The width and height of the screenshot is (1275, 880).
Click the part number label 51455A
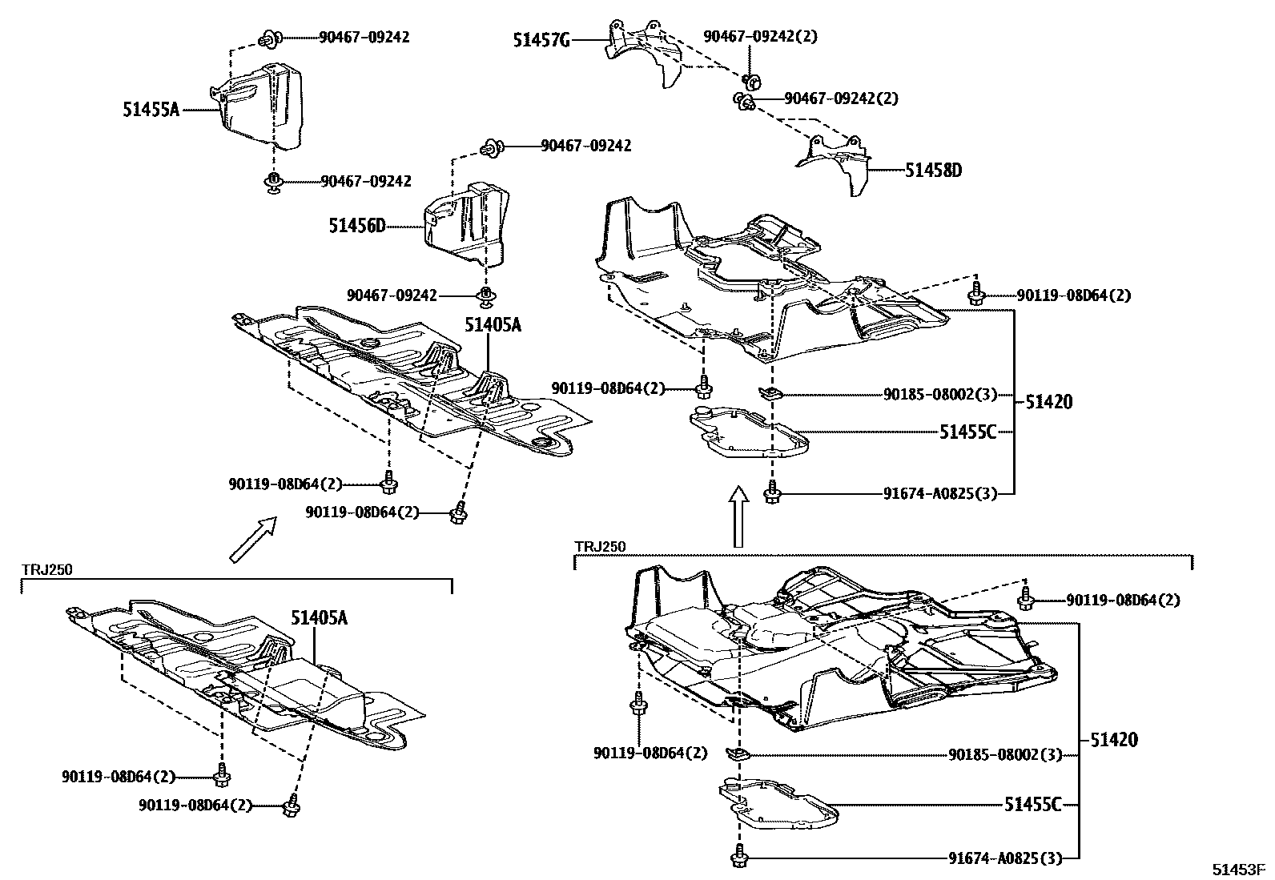151,111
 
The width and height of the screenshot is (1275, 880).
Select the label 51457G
541,39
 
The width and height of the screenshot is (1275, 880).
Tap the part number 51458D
934,171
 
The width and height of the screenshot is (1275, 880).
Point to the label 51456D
357,227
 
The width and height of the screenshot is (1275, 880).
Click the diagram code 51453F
1237,869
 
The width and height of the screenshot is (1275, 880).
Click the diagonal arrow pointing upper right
252,539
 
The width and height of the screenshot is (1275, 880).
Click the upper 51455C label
968,432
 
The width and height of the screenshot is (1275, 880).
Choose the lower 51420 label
1113,740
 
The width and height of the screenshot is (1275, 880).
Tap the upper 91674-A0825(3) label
941,494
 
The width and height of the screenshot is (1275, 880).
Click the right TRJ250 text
600,546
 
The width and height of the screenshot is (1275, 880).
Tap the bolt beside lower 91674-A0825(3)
737,859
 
